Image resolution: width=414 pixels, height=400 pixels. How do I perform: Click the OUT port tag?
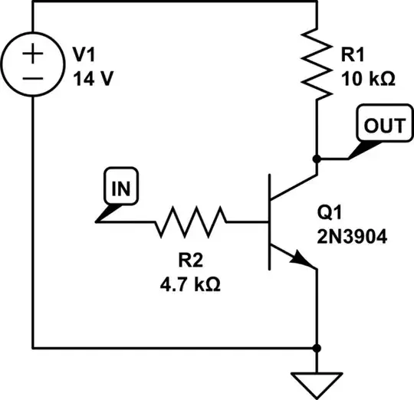[x=381, y=126]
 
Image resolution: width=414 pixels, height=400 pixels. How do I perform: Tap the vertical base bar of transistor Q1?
[x=270, y=222]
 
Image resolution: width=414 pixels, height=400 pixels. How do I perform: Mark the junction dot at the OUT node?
[x=317, y=159]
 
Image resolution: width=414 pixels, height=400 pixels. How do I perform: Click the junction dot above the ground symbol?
[x=317, y=348]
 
